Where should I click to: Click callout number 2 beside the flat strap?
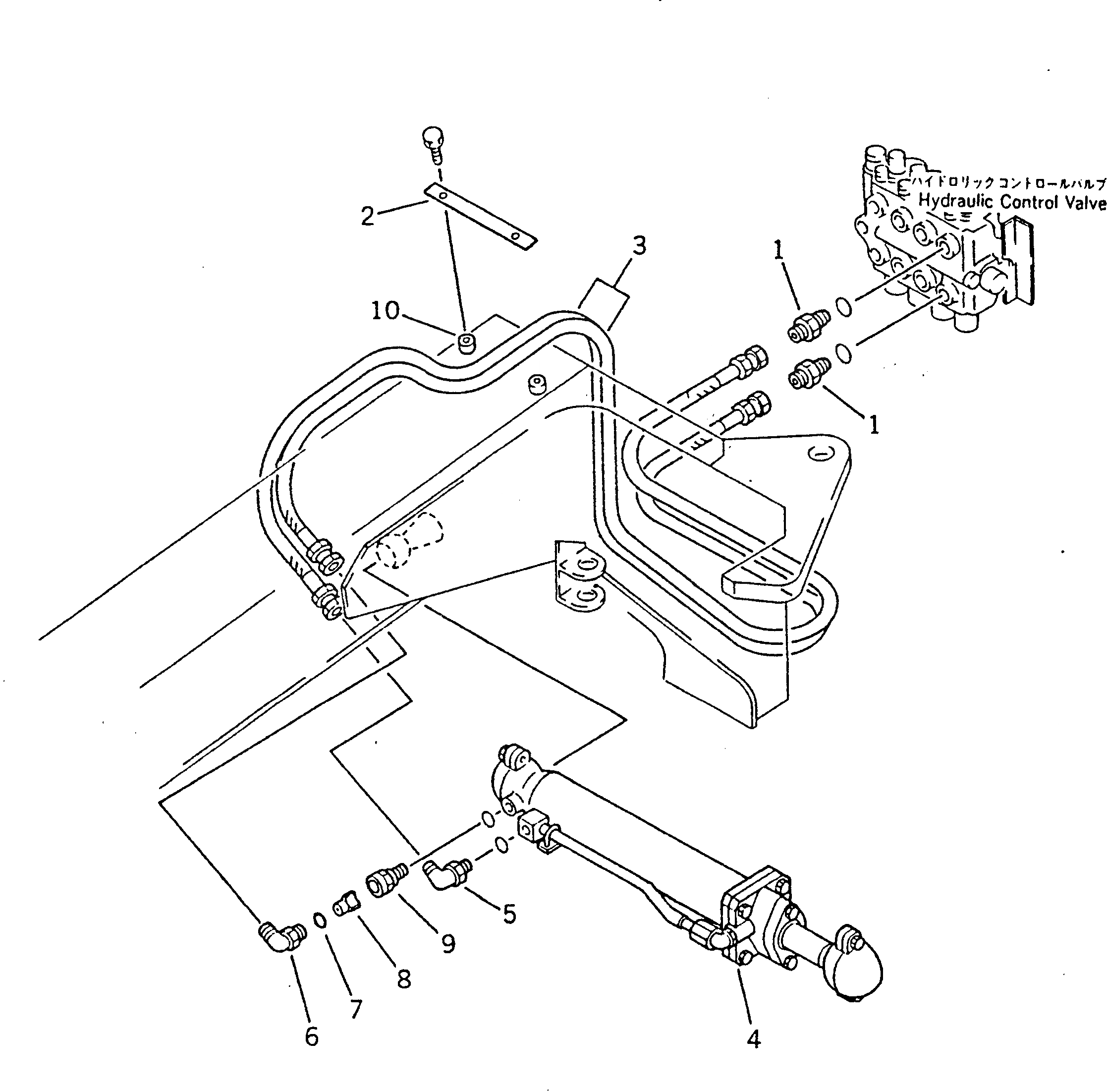[367, 216]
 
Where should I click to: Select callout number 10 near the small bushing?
[385, 311]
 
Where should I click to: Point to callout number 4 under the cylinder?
[753, 1038]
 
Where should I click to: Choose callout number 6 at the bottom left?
[311, 1036]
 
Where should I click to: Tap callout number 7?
[355, 1009]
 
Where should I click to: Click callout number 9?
[448, 943]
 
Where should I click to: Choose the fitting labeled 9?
[386, 882]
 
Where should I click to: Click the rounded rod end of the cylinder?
[856, 970]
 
